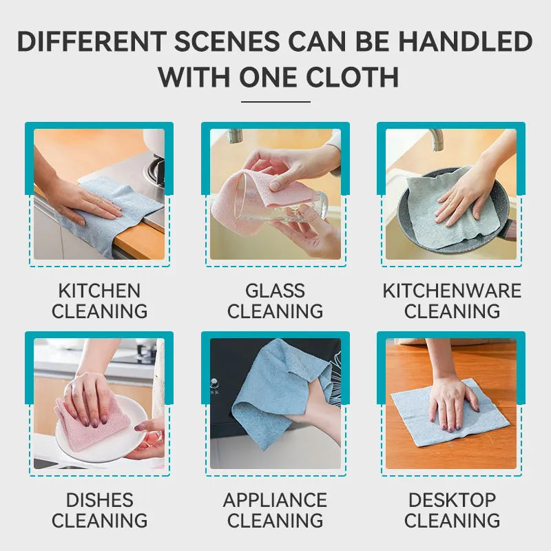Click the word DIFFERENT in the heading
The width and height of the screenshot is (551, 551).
92,41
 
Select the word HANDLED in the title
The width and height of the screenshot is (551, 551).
466,41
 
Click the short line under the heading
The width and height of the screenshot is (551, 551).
275,102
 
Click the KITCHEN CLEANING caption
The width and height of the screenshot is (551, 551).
99,301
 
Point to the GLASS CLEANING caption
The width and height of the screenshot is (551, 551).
275,301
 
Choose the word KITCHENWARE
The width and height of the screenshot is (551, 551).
452,291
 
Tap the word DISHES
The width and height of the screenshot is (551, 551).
99,500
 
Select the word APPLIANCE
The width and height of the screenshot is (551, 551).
275,500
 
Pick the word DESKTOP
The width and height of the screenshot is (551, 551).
452,500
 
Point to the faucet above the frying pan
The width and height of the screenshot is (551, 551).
436,139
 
